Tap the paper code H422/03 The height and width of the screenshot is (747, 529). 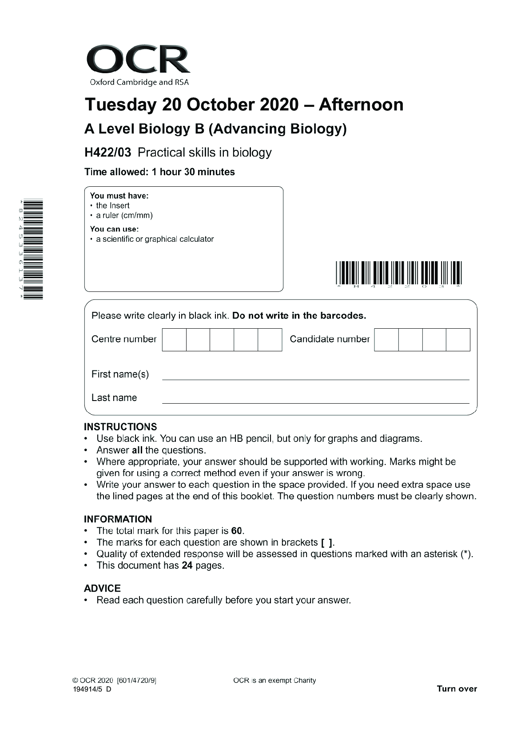[x=108, y=153]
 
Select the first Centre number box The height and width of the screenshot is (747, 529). [x=174, y=340]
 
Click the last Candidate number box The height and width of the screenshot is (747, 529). [x=458, y=340]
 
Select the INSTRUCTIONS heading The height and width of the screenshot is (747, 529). [x=120, y=427]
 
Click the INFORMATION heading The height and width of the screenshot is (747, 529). [x=118, y=519]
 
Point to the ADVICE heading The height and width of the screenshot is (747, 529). [x=102, y=588]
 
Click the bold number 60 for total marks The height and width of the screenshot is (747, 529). [x=237, y=531]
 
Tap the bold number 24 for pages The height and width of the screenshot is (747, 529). [x=187, y=566]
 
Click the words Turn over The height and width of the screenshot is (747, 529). [x=457, y=689]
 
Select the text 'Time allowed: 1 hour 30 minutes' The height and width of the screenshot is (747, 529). [x=159, y=172]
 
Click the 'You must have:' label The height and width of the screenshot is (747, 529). [x=119, y=196]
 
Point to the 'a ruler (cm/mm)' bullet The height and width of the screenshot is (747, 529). [x=124, y=216]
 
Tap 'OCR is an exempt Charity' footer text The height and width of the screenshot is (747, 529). [x=274, y=680]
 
